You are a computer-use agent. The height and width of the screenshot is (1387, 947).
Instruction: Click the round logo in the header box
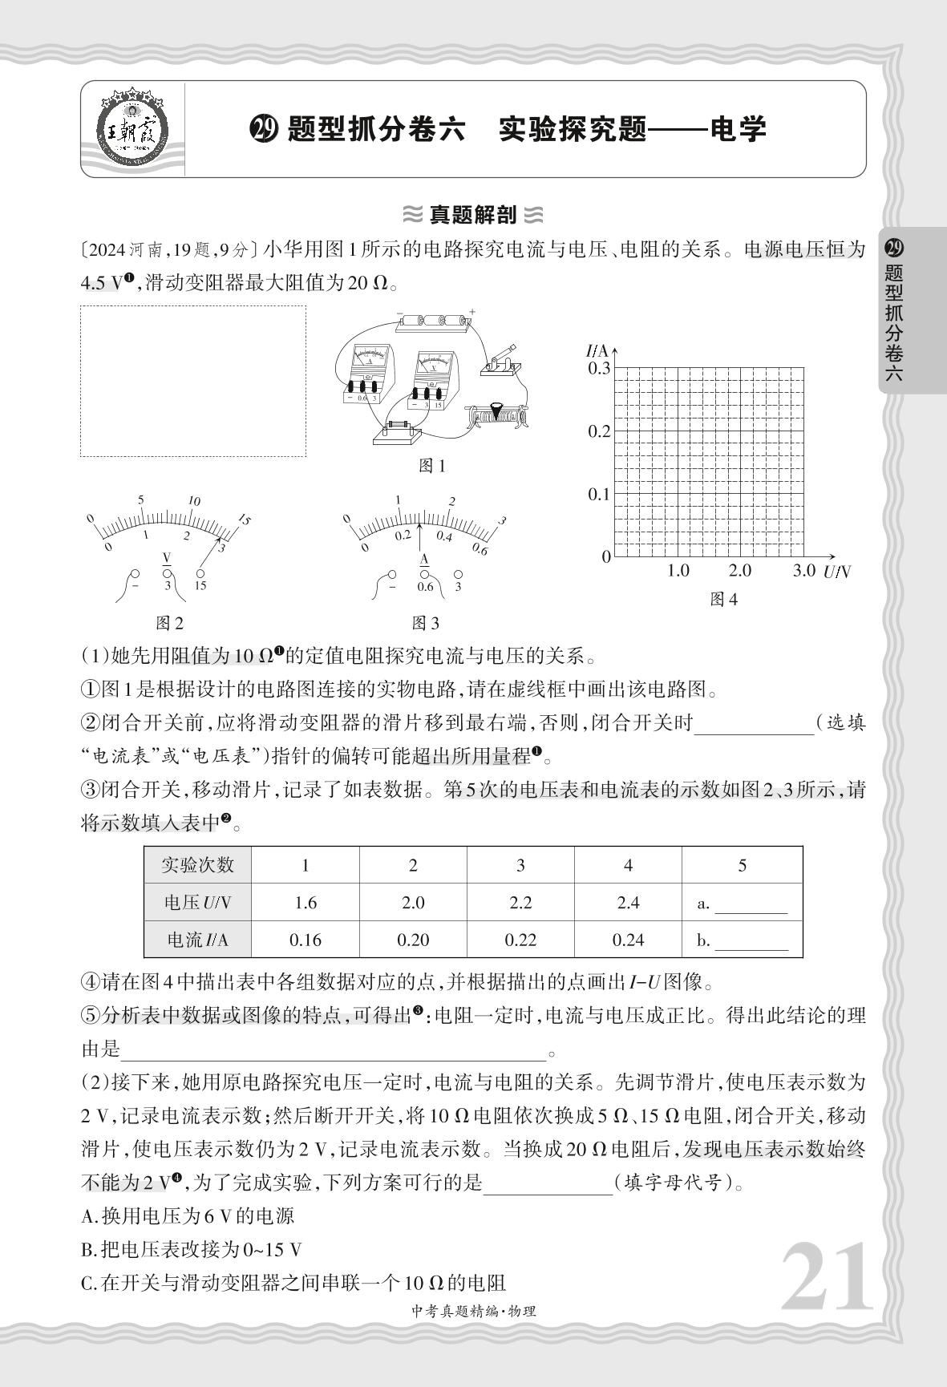134,129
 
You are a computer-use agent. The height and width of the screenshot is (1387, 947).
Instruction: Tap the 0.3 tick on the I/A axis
599,368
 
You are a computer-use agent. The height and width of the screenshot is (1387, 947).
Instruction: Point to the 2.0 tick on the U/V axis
739,571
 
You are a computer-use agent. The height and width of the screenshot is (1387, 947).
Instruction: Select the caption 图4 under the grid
723,600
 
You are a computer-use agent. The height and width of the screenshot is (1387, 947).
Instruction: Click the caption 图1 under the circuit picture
433,466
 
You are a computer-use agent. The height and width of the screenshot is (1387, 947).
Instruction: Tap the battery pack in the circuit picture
434,320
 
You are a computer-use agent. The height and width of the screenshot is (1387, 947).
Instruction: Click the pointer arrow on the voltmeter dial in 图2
210,553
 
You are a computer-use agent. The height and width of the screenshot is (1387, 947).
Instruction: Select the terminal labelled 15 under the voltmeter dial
200,574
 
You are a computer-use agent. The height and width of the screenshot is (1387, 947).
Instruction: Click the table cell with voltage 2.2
520,903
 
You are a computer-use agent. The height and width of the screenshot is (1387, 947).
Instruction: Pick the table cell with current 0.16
306,940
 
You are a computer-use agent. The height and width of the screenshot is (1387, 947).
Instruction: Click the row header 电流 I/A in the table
197,940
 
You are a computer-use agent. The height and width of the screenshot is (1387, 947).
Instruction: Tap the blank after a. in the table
751,904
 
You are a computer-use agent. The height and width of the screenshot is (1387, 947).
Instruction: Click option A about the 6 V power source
188,1216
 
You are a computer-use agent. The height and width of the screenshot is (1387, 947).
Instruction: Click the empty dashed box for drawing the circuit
192,381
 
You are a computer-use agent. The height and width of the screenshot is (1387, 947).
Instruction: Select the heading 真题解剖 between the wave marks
473,215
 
